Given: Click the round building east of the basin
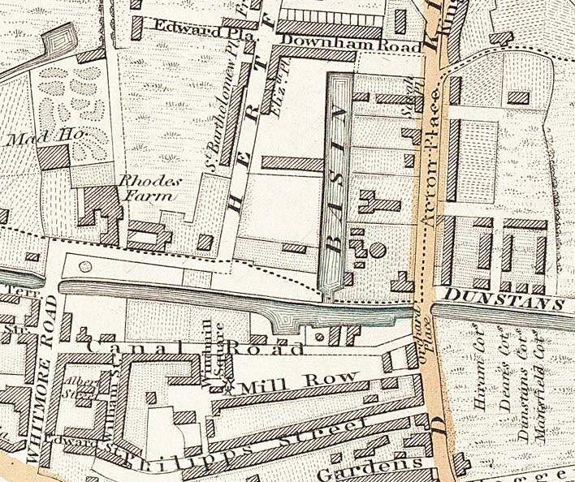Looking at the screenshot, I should (378, 249).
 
